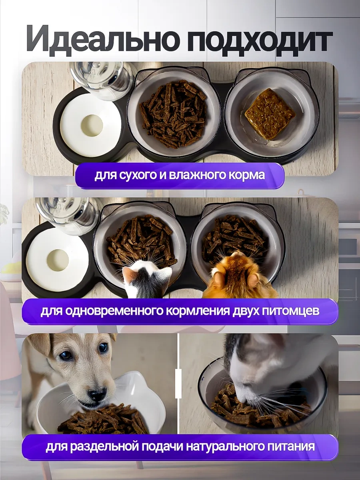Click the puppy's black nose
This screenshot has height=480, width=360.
point(97,395)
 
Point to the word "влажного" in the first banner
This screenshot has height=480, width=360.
point(201,175)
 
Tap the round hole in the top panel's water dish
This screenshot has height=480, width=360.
point(92,125)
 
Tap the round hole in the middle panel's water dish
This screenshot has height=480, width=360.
point(58,260)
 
